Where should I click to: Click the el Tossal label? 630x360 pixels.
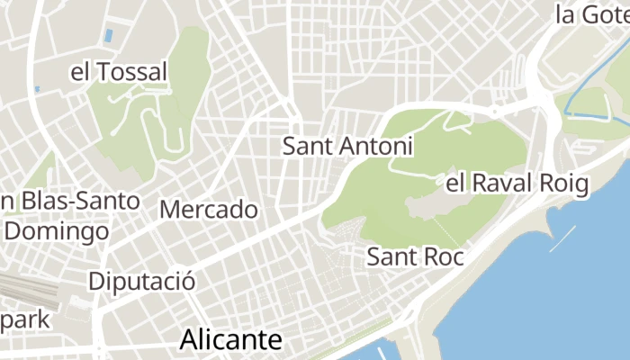pyautogui.click(x=119, y=71)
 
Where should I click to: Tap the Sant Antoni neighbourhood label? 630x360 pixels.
pyautogui.click(x=347, y=146)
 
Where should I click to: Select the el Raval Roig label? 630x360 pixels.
pyautogui.click(x=517, y=184)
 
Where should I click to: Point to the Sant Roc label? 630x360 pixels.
pyautogui.click(x=415, y=256)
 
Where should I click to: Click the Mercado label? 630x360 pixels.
pyautogui.click(x=209, y=210)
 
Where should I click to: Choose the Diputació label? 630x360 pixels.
pyautogui.click(x=142, y=281)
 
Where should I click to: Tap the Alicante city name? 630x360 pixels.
pyautogui.click(x=231, y=339)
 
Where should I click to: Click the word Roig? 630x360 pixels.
pyautogui.click(x=564, y=184)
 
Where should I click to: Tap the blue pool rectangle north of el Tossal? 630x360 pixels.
pyautogui.click(x=109, y=35)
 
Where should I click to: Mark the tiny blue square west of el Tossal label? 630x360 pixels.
pyautogui.click(x=37, y=89)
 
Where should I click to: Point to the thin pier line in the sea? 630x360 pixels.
pyautogui.click(x=562, y=238)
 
